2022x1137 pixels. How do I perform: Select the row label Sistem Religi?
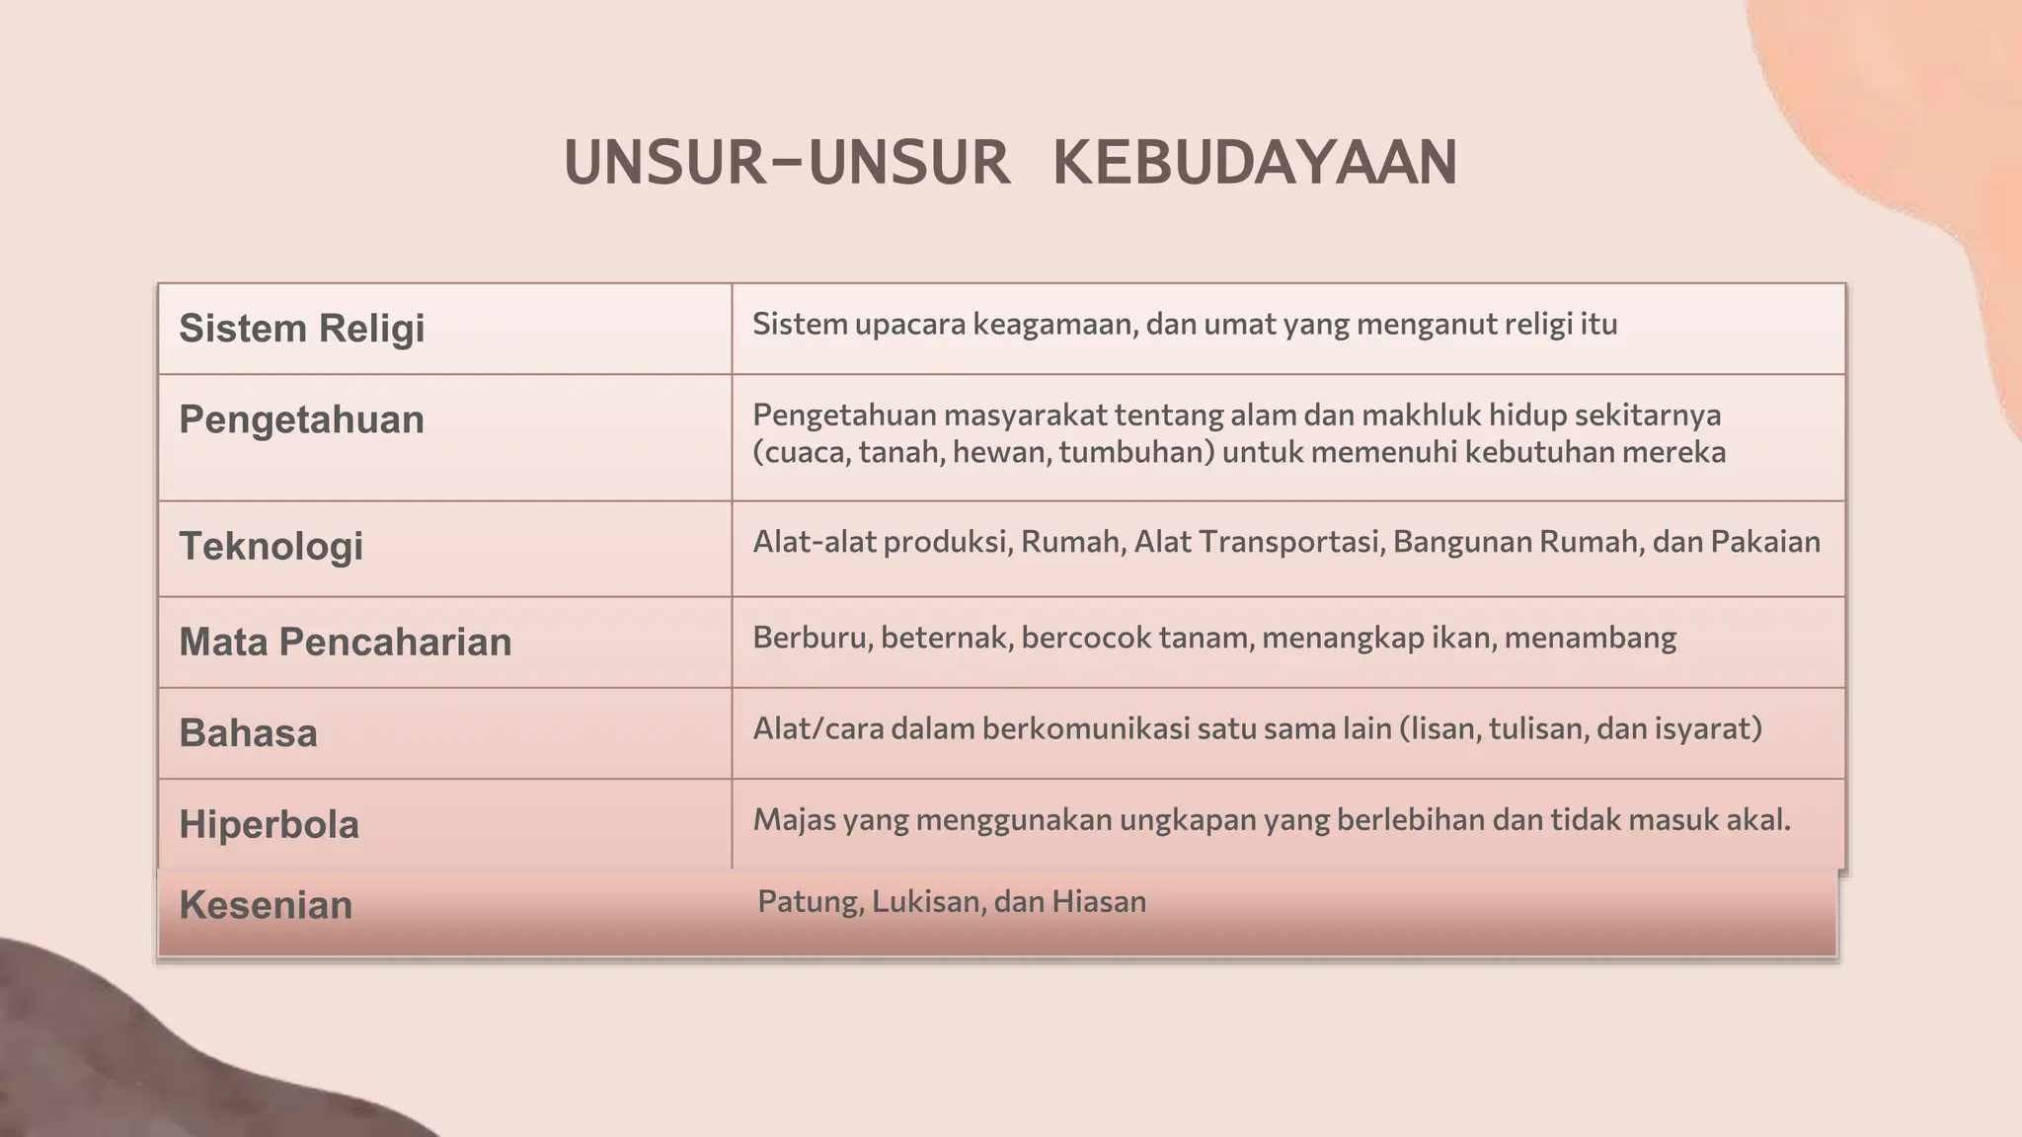pyautogui.click(x=301, y=329)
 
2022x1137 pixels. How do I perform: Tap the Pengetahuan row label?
pyautogui.click(x=301, y=420)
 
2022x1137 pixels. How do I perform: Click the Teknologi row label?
pyautogui.click(x=271, y=546)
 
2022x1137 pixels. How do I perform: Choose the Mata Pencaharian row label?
pyautogui.click(x=345, y=643)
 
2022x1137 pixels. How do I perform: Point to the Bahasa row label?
pyautogui.click(x=248, y=733)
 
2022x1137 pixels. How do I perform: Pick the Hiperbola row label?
pyautogui.click(x=269, y=824)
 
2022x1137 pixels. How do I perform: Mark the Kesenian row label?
pyautogui.click(x=266, y=905)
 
